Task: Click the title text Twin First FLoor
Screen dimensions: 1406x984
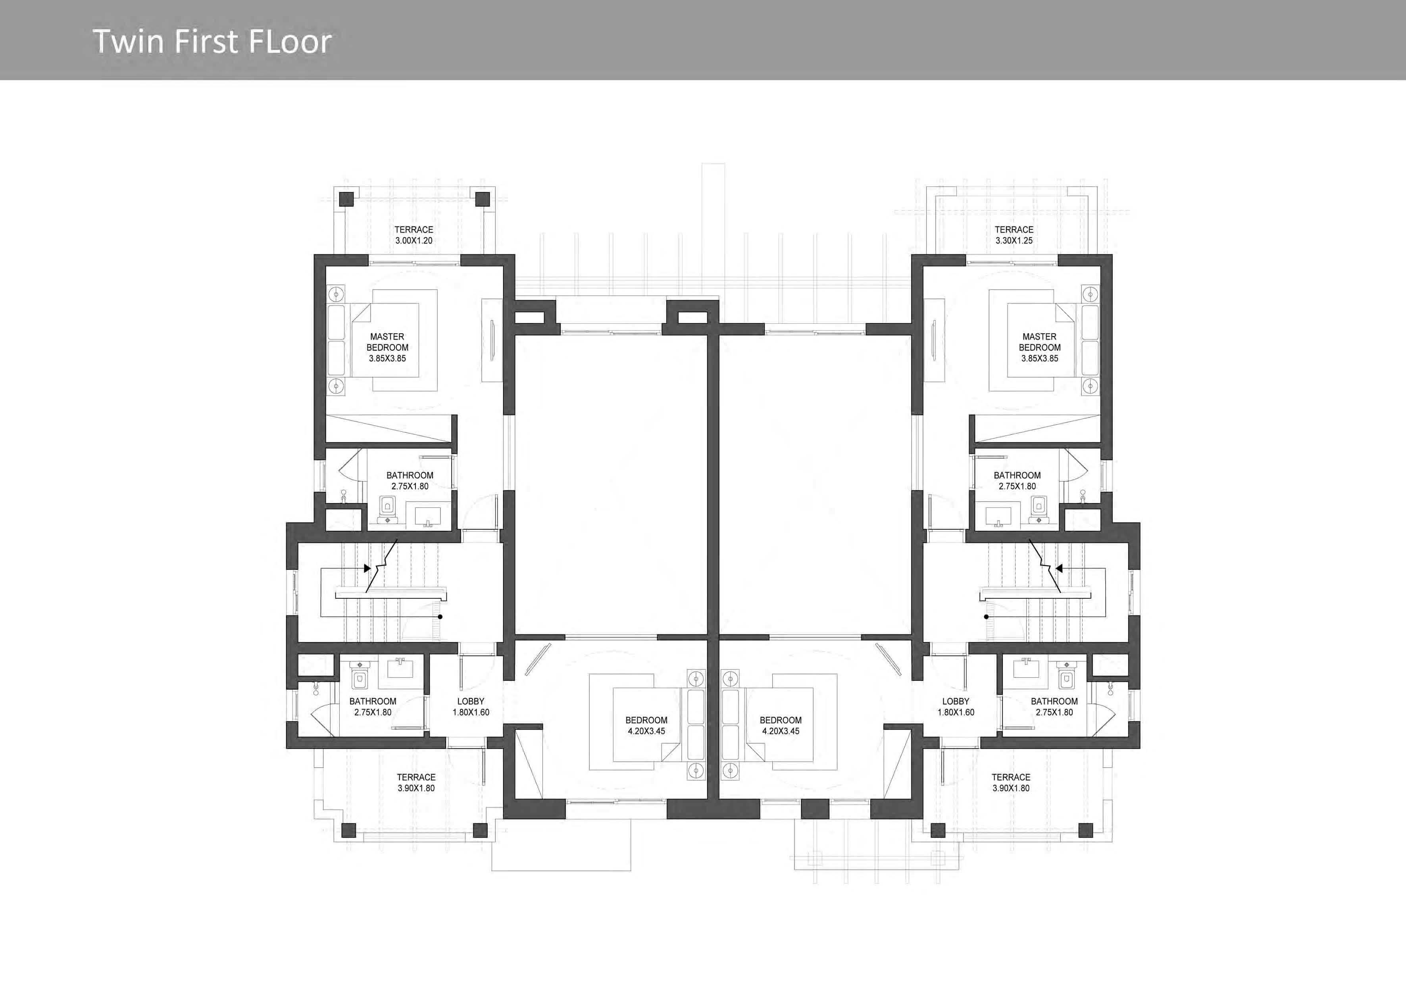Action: pos(212,42)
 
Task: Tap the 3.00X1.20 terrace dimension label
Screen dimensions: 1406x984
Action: pos(414,240)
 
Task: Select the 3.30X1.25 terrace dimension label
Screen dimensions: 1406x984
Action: pos(1014,240)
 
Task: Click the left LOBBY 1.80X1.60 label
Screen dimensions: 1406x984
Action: pos(471,707)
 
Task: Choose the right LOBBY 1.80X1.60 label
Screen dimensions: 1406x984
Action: pos(956,707)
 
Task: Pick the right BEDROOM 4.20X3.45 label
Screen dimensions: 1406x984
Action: pos(781,726)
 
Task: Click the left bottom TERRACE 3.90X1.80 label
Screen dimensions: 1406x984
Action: pos(416,782)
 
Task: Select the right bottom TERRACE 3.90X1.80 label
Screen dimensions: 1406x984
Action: pos(1011,782)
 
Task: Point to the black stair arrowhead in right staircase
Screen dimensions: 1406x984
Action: pos(1059,568)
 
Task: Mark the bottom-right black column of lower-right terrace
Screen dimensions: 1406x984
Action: pos(1085,830)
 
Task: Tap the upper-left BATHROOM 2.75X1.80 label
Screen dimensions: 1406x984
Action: pos(410,480)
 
